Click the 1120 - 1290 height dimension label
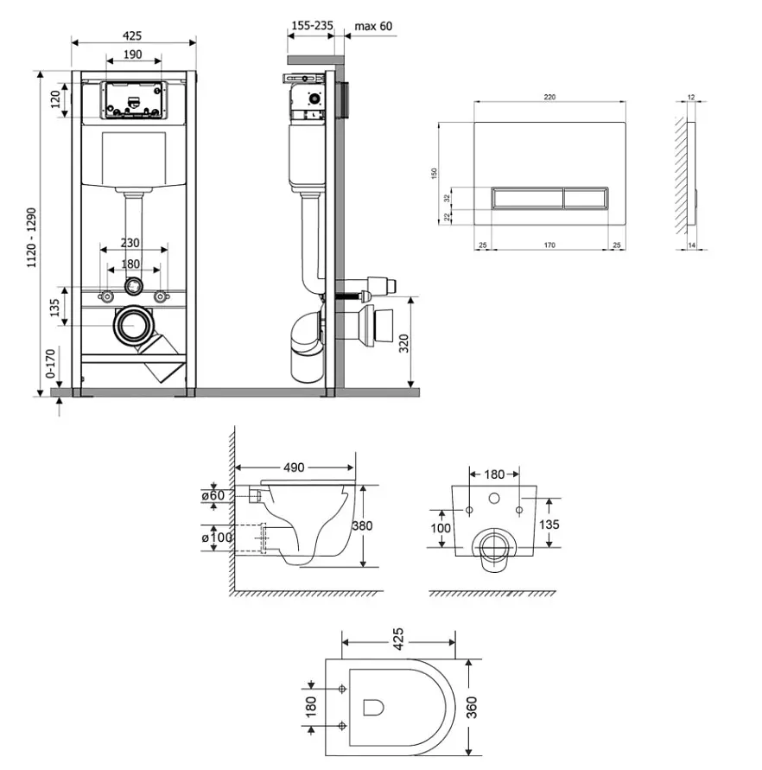tap(31, 238)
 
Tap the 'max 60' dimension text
tap(373, 26)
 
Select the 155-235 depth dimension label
tap(312, 25)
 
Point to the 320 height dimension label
tap(403, 343)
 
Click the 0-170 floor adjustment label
tap(50, 363)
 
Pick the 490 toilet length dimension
tap(294, 468)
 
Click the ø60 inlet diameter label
tap(213, 495)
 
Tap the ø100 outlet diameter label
tap(217, 538)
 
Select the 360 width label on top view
tap(472, 707)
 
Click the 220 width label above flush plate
tap(549, 98)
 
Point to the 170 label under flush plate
tap(549, 245)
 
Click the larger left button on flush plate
tap(528, 199)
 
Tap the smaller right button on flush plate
tap(586, 199)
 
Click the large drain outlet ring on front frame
tap(132, 325)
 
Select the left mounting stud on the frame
tap(105, 296)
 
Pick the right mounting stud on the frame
tap(160, 296)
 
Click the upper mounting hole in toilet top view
tap(342, 689)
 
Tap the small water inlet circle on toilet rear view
tap(494, 499)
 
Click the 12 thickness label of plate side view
tap(691, 98)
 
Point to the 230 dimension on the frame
tap(130, 243)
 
